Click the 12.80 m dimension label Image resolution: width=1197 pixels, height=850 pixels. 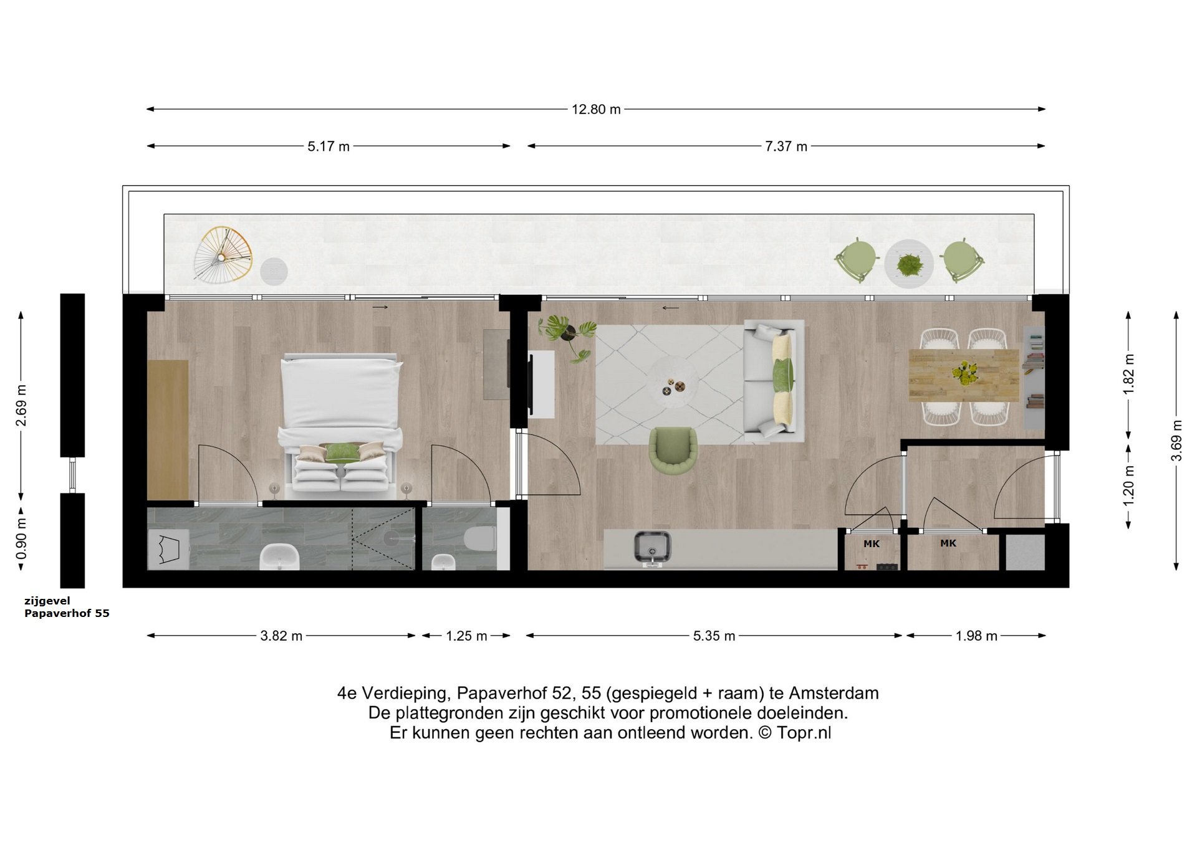point(596,110)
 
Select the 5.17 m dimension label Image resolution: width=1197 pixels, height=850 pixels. point(328,146)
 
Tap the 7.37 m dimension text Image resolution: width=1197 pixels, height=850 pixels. point(786,146)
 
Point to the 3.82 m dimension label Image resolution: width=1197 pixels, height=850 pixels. point(281,636)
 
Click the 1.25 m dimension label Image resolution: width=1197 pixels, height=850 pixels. point(466,636)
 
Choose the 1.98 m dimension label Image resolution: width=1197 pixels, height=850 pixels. point(976,636)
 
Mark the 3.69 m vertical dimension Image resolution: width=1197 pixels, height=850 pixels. point(1176,440)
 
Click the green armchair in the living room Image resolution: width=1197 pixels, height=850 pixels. point(673,449)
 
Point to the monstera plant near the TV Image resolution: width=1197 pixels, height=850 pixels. point(566,334)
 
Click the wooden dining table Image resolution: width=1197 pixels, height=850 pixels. point(963,375)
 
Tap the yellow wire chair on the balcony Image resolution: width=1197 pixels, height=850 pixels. point(223,252)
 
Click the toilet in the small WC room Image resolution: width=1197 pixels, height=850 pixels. point(480,539)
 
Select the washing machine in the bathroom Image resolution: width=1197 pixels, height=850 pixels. point(168,550)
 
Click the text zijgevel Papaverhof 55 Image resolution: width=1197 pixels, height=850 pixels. point(66,608)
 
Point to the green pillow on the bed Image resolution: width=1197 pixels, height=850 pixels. point(340,452)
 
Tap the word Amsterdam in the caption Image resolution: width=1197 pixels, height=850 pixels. point(834,693)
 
